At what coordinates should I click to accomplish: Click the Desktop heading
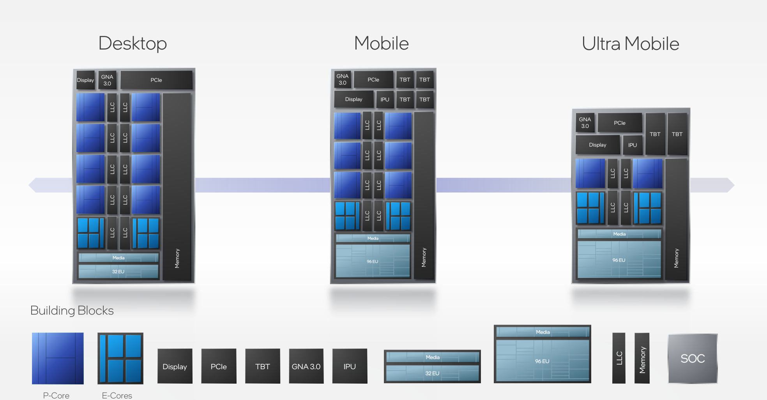point(133,43)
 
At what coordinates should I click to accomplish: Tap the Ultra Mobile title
point(630,44)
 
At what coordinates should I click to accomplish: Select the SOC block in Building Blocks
point(693,359)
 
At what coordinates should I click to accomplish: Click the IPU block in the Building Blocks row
point(350,366)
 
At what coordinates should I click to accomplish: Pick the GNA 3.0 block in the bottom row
point(306,366)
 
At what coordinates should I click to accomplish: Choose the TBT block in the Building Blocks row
point(262,366)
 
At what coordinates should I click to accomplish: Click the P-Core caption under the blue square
point(56,395)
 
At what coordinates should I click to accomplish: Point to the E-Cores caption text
point(117,395)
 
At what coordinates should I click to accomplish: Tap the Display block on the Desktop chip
point(85,80)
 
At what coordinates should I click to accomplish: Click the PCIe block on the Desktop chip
point(156,80)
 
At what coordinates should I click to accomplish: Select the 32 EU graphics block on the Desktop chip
point(118,271)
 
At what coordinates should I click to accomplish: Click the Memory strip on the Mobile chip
point(424,195)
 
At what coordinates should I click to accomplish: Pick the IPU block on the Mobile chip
point(385,99)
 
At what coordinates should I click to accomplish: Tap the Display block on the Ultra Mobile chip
point(597,145)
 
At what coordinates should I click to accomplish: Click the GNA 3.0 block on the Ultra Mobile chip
point(585,122)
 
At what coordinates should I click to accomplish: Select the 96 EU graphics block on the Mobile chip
point(373,261)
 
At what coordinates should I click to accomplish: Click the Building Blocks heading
point(72,310)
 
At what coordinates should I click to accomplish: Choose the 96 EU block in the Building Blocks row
point(542,360)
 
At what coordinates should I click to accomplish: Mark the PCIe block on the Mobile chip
point(373,80)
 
